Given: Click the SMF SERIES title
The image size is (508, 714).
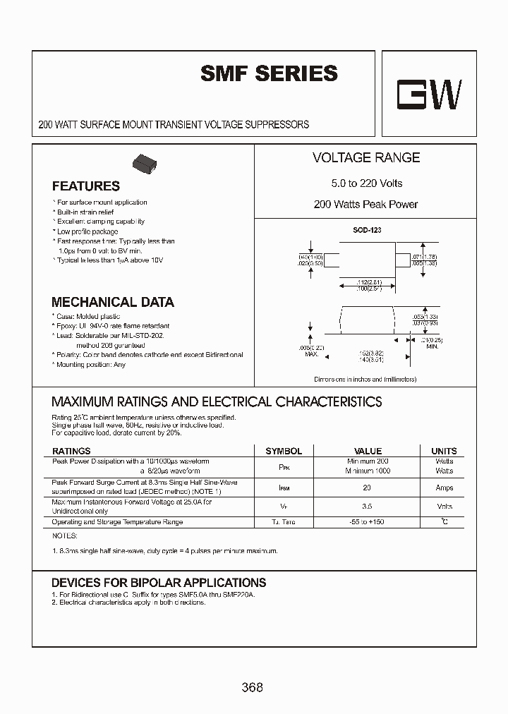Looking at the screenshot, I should coord(269,73).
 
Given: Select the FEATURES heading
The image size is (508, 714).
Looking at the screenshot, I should coord(85,186).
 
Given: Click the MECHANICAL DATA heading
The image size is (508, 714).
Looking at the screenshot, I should coord(113,302).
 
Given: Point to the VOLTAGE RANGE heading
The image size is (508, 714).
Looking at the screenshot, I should coord(365,158).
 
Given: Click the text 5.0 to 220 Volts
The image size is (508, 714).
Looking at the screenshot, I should coord(366,183).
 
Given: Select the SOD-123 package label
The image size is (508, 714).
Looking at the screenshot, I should coord(367,231).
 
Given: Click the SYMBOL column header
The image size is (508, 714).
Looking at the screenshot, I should coord(283,451).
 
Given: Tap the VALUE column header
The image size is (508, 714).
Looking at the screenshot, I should coord(368,451).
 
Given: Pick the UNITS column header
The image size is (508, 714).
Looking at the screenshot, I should coord(444,451).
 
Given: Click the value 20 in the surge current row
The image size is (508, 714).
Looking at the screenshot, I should coord(368,488).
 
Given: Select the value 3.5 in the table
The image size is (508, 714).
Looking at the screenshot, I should coord(368,507).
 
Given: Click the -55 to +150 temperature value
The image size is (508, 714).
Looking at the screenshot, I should coord(368,522).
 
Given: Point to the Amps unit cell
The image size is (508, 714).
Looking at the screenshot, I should coord(444,488).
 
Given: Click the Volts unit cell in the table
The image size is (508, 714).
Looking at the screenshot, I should coord(444,507).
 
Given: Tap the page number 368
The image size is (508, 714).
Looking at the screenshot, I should coord(252,686).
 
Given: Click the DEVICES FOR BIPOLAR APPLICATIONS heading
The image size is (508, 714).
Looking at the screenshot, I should coord(159,583).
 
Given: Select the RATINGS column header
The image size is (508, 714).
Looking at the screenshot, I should coord(71,451).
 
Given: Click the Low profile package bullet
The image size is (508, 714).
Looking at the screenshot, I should coord(87,231).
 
